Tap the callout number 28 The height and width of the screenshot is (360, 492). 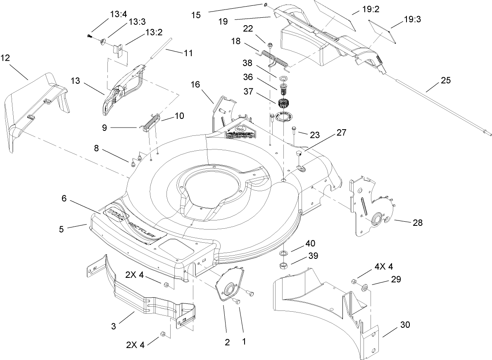(x=418, y=222)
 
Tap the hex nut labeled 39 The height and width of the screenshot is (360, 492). (x=283, y=265)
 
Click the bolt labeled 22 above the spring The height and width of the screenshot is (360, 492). (x=269, y=45)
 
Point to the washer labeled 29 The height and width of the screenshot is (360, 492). (x=366, y=287)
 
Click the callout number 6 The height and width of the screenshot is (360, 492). (x=64, y=198)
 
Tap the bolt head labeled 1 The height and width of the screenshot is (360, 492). (x=237, y=301)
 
